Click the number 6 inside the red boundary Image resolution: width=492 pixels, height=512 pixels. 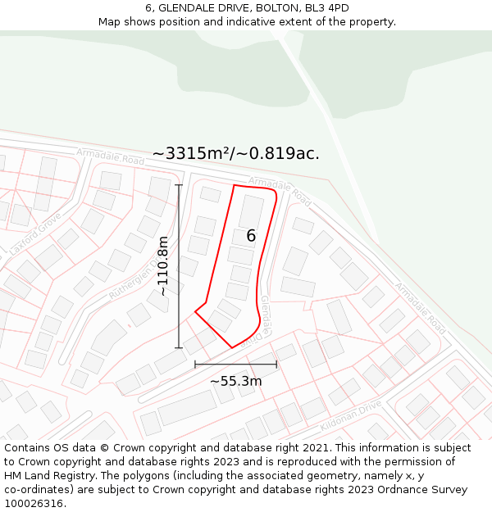coord(251,236)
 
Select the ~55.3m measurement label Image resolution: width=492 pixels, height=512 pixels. coord(236,381)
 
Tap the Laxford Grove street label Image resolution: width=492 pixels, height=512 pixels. coord(35,233)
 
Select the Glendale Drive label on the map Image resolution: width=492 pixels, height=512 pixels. coord(262,320)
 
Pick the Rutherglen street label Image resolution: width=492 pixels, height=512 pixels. coord(130,279)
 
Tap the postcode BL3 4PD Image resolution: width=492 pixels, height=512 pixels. coord(329,8)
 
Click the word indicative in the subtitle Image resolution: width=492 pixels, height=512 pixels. coord(272,22)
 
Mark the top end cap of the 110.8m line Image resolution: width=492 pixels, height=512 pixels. coord(179,185)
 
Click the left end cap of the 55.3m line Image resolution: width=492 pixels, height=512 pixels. coord(195,364)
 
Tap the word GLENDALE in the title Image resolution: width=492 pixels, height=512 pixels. coord(188,8)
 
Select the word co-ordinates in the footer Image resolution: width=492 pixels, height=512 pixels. coord(35,489)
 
